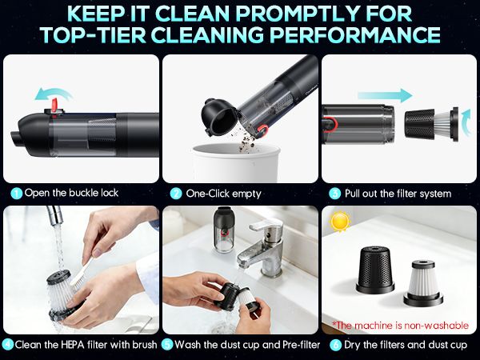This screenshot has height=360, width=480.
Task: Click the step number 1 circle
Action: pyautogui.click(x=16, y=193)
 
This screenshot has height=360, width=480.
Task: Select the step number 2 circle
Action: pyautogui.click(x=174, y=193)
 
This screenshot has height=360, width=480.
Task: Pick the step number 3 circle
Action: pyautogui.click(x=334, y=193)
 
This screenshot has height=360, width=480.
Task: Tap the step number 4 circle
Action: pyautogui.click(x=7, y=345)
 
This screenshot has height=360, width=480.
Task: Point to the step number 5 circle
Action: pyautogui.click(x=167, y=345)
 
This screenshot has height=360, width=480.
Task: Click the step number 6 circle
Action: pyautogui.click(x=334, y=345)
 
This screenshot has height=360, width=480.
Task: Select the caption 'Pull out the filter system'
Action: pyautogui.click(x=398, y=193)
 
